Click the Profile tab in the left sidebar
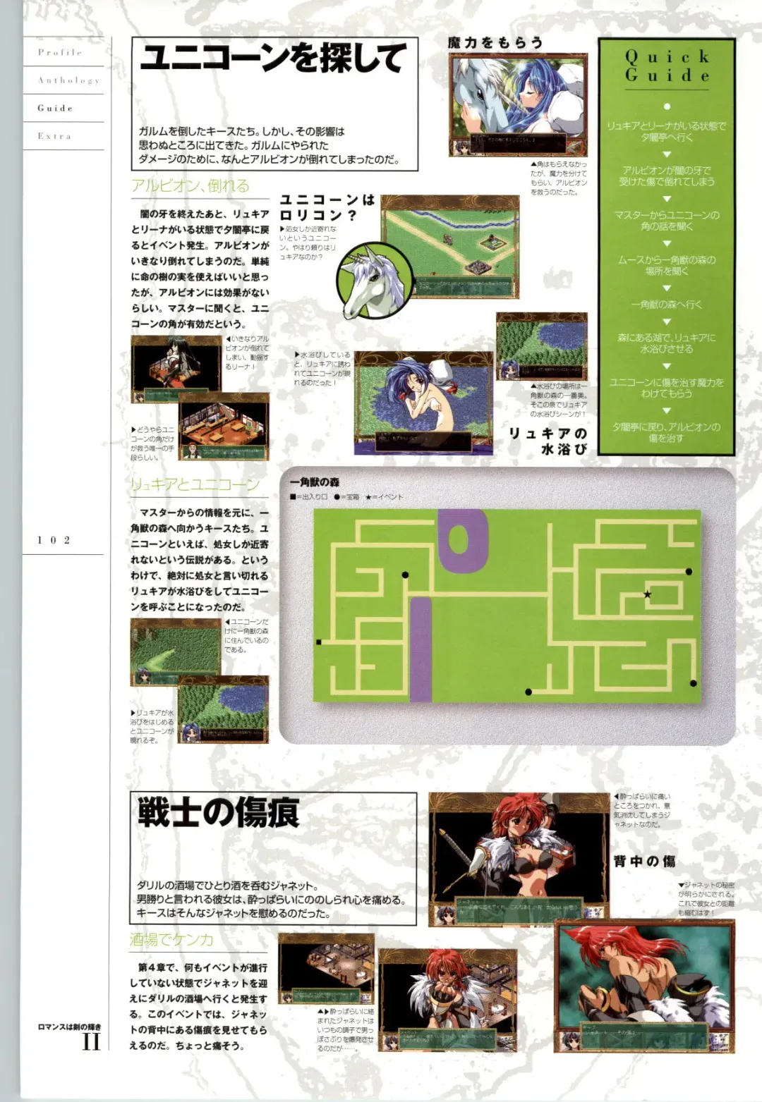point(60,52)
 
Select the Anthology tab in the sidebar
point(68,80)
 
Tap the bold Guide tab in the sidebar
point(55,108)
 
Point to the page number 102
point(54,540)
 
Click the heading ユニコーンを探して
point(273,59)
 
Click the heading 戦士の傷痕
point(218,812)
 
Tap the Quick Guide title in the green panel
point(667,66)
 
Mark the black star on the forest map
point(647,594)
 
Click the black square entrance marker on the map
point(319,642)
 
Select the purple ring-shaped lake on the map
point(463,539)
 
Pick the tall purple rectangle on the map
point(421,649)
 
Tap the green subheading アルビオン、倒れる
point(190,185)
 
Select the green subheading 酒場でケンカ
point(171,939)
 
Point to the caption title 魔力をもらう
point(495,43)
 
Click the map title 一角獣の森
point(315,482)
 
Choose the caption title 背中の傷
point(644,861)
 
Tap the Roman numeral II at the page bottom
point(91,1041)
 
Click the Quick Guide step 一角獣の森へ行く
point(667,305)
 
